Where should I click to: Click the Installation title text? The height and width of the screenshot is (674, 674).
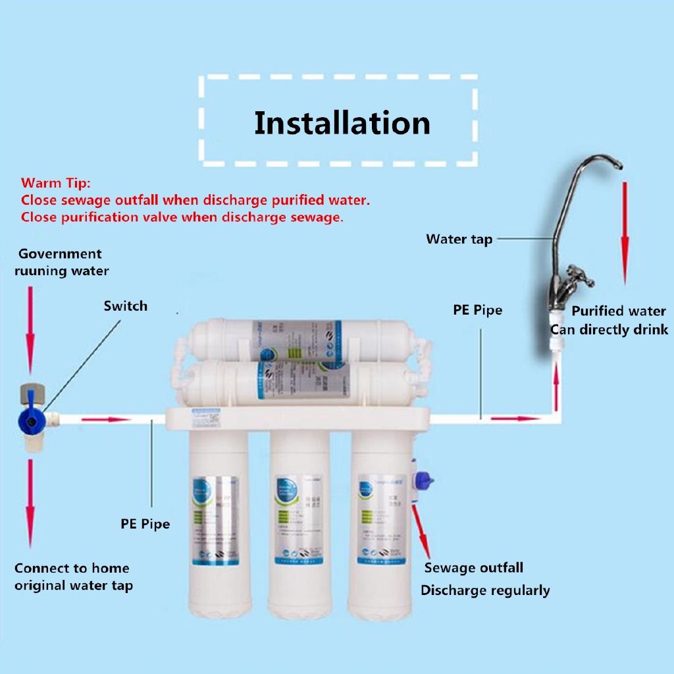tap(342, 124)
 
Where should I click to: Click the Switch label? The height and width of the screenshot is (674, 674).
tap(125, 306)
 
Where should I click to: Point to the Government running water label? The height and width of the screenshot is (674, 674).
tap(61, 262)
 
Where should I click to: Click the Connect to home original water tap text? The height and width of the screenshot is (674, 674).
tap(72, 577)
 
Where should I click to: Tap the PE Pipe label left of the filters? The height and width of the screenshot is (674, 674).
tap(145, 524)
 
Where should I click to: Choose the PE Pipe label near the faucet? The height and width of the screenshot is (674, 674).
tap(477, 309)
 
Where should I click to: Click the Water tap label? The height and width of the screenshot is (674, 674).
tap(459, 239)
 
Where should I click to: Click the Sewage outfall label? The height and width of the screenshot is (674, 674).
tap(473, 567)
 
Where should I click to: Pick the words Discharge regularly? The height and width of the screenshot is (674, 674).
tap(485, 590)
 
